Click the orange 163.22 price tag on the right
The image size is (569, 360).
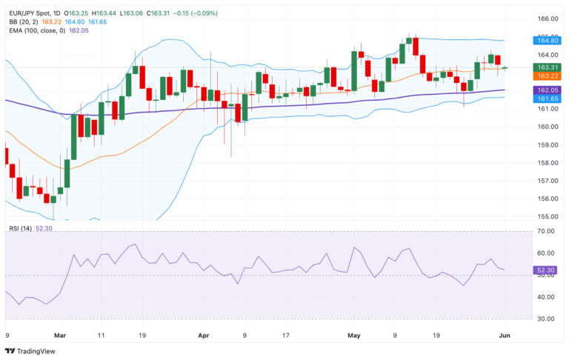click(x=548, y=76)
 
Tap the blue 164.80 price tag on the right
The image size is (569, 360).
click(x=548, y=42)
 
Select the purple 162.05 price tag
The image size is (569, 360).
click(x=548, y=89)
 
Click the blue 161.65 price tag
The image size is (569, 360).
click(x=548, y=98)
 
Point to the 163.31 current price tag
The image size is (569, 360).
click(x=548, y=67)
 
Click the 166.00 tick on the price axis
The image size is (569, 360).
click(x=547, y=19)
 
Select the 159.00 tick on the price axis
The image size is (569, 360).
click(x=547, y=144)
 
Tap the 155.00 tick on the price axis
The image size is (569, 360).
click(x=547, y=216)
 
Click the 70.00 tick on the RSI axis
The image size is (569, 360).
click(x=547, y=232)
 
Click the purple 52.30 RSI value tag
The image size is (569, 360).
click(x=548, y=271)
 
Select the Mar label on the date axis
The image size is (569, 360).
click(x=60, y=335)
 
